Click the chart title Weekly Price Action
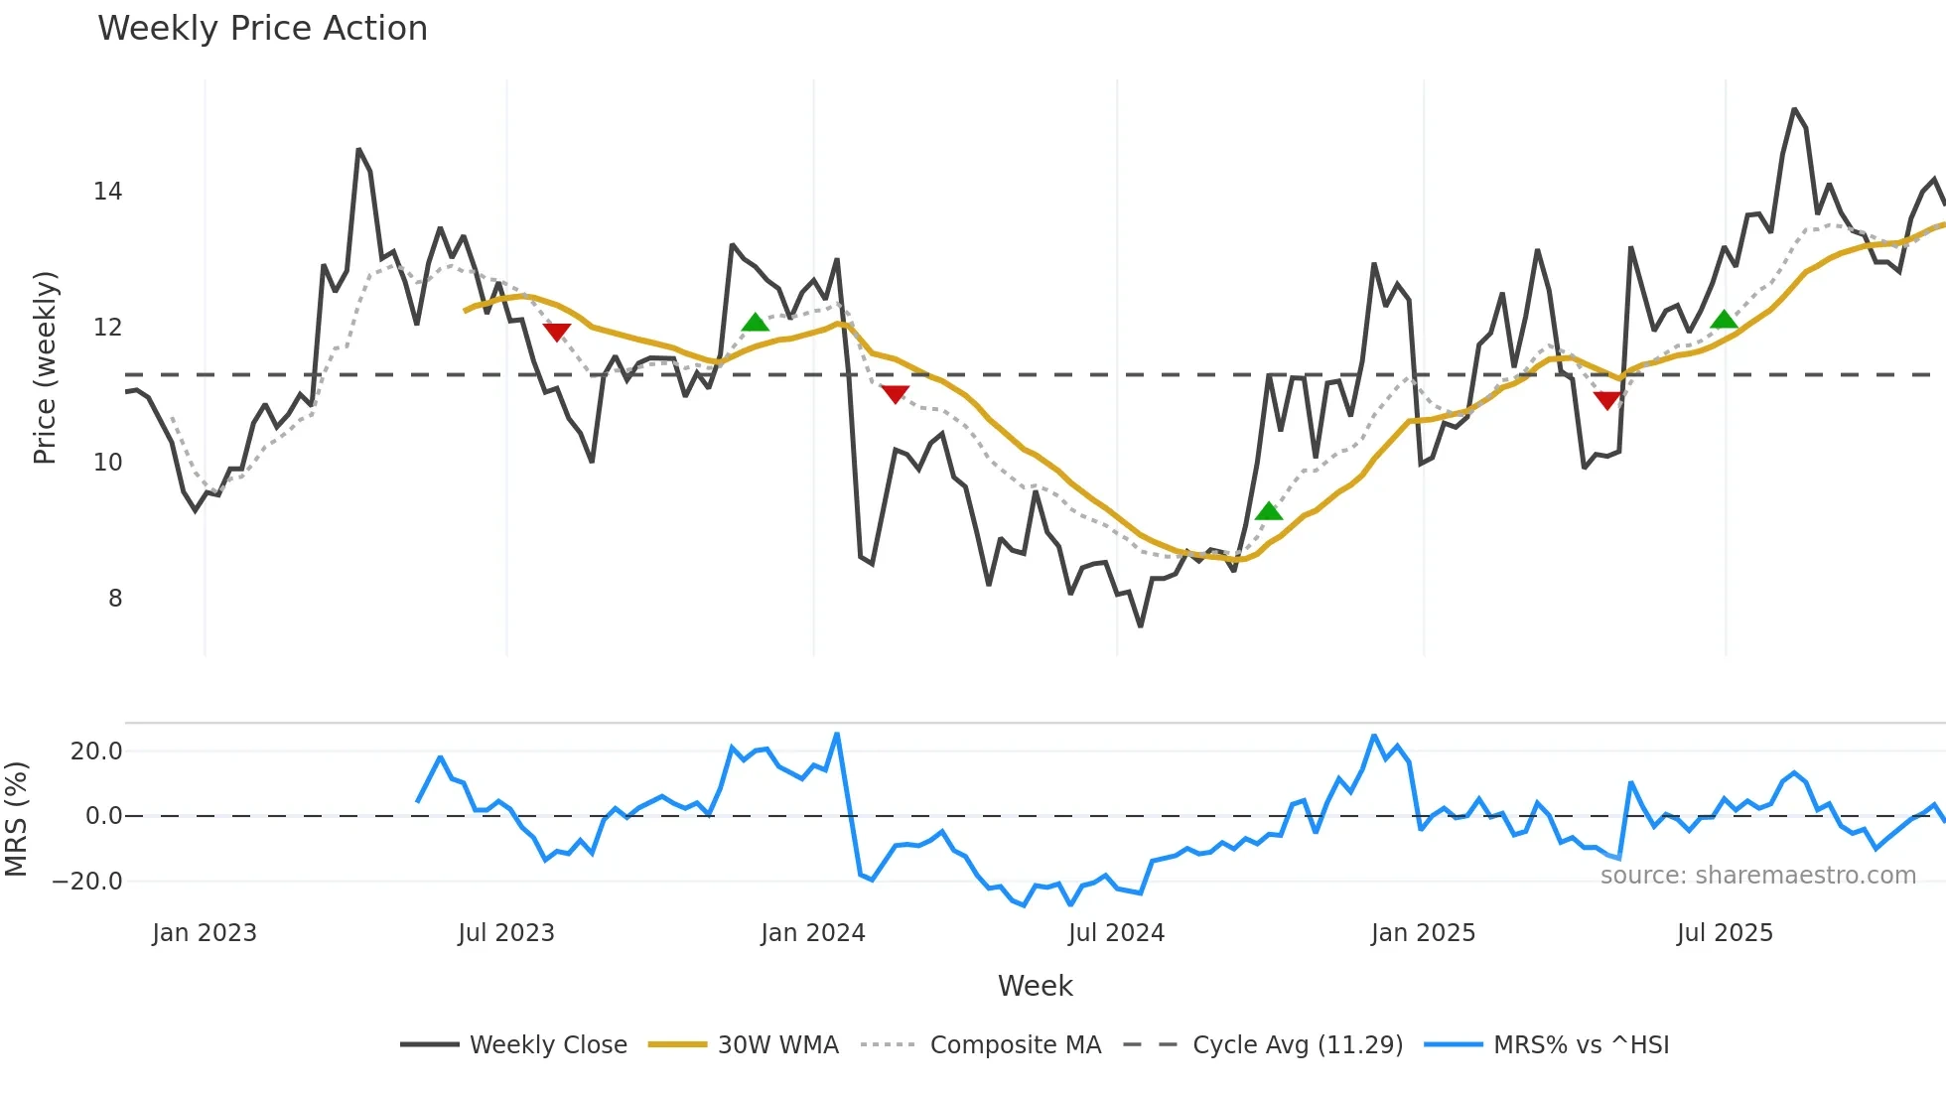coord(262,29)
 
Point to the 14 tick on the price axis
coord(108,192)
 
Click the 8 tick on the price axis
coord(115,599)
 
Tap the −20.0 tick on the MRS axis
coord(87,882)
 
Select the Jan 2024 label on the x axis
coord(813,933)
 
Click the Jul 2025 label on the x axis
coord(1725,933)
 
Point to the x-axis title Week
coord(1035,986)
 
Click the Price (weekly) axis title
coord(45,367)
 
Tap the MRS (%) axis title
coord(16,819)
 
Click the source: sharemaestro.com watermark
coord(1757,876)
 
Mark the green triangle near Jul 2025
coord(1725,320)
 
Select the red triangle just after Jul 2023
coord(557,332)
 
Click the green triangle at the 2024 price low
coord(1269,511)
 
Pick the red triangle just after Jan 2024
coord(896,394)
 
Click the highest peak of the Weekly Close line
coord(1794,109)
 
